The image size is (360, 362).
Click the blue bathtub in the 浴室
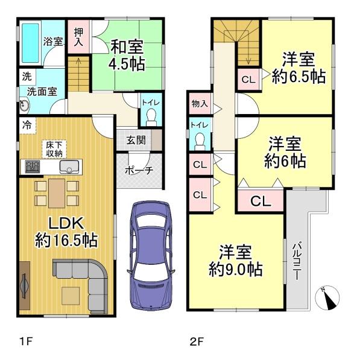[x=31, y=43]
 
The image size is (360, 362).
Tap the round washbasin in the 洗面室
[x=24, y=106]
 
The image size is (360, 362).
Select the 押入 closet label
[x=78, y=37]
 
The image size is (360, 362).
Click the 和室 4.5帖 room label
[x=127, y=55]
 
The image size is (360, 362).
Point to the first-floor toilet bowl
[x=151, y=117]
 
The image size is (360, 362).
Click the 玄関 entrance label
[x=136, y=140]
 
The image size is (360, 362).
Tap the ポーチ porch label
[x=139, y=170]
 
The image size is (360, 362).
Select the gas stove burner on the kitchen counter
[x=33, y=167]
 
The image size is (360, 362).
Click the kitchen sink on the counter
[x=69, y=167]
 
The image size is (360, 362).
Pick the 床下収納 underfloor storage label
[x=54, y=150]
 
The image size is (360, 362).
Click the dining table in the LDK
[x=57, y=194]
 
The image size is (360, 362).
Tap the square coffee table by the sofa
[x=71, y=296]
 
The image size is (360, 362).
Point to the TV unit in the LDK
[x=25, y=285]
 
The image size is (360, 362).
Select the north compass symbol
[x=327, y=298]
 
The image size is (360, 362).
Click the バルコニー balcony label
[x=297, y=261]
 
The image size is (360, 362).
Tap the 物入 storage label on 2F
[x=200, y=104]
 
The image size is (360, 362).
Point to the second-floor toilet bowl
[x=200, y=141]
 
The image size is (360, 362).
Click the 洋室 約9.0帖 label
[x=235, y=261]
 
